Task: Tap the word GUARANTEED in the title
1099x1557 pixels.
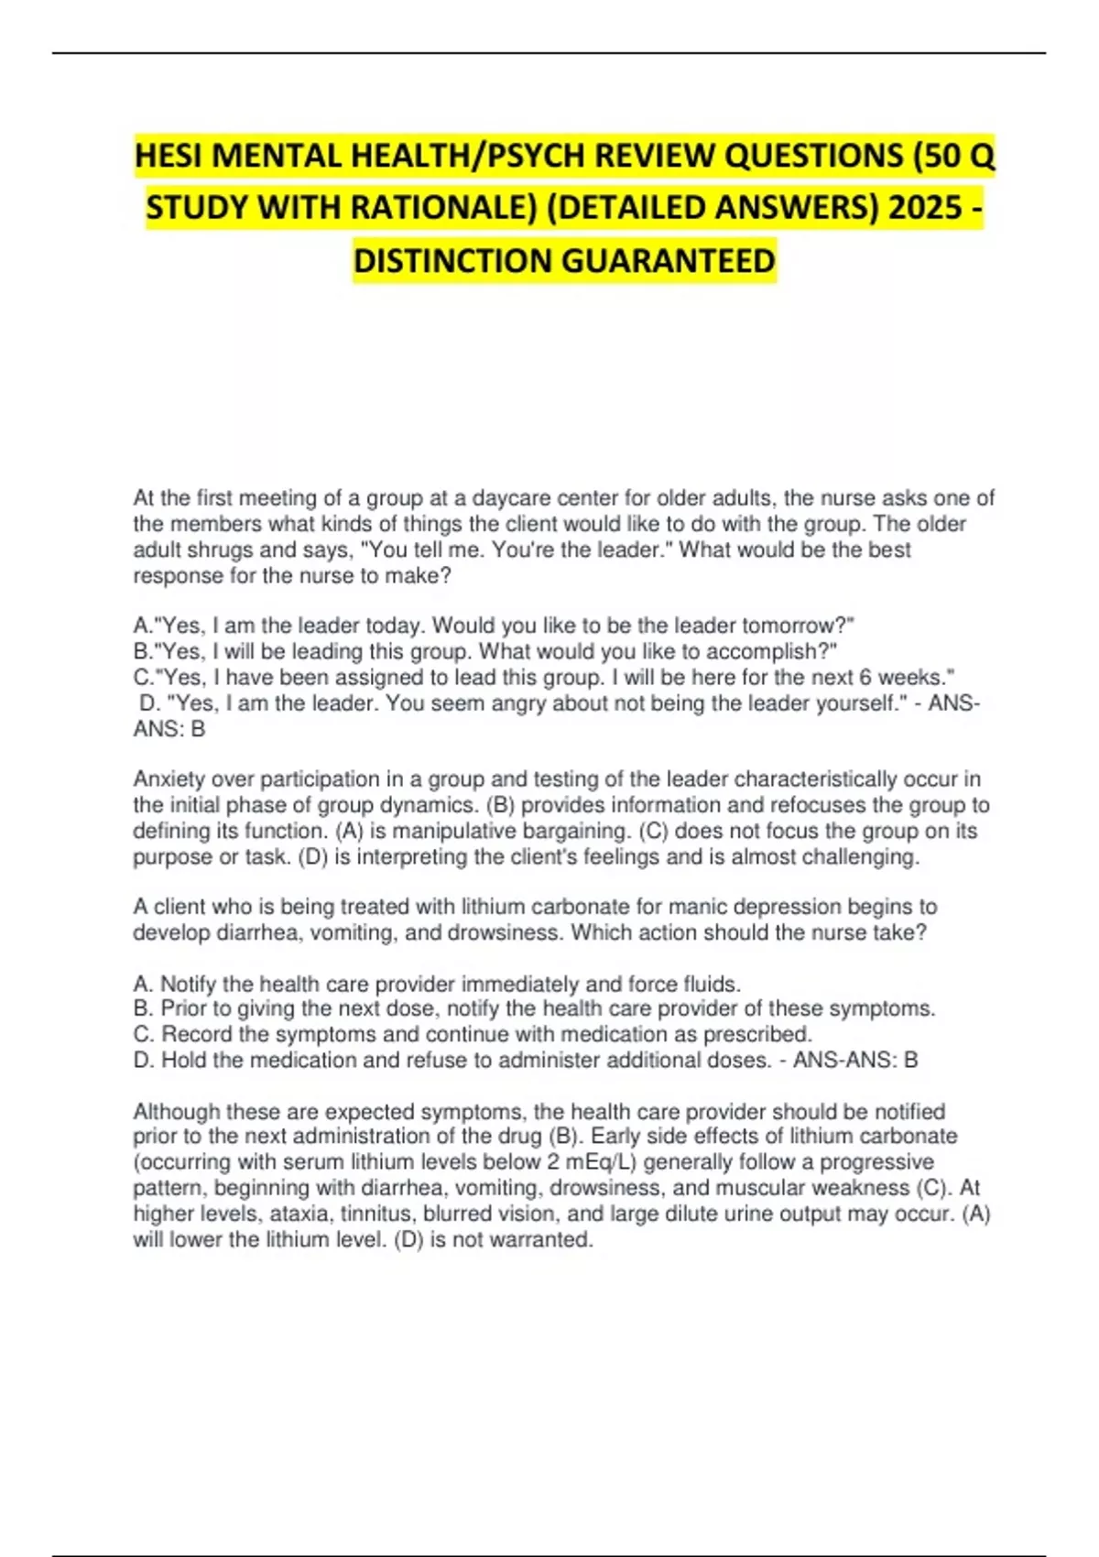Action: (x=668, y=261)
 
